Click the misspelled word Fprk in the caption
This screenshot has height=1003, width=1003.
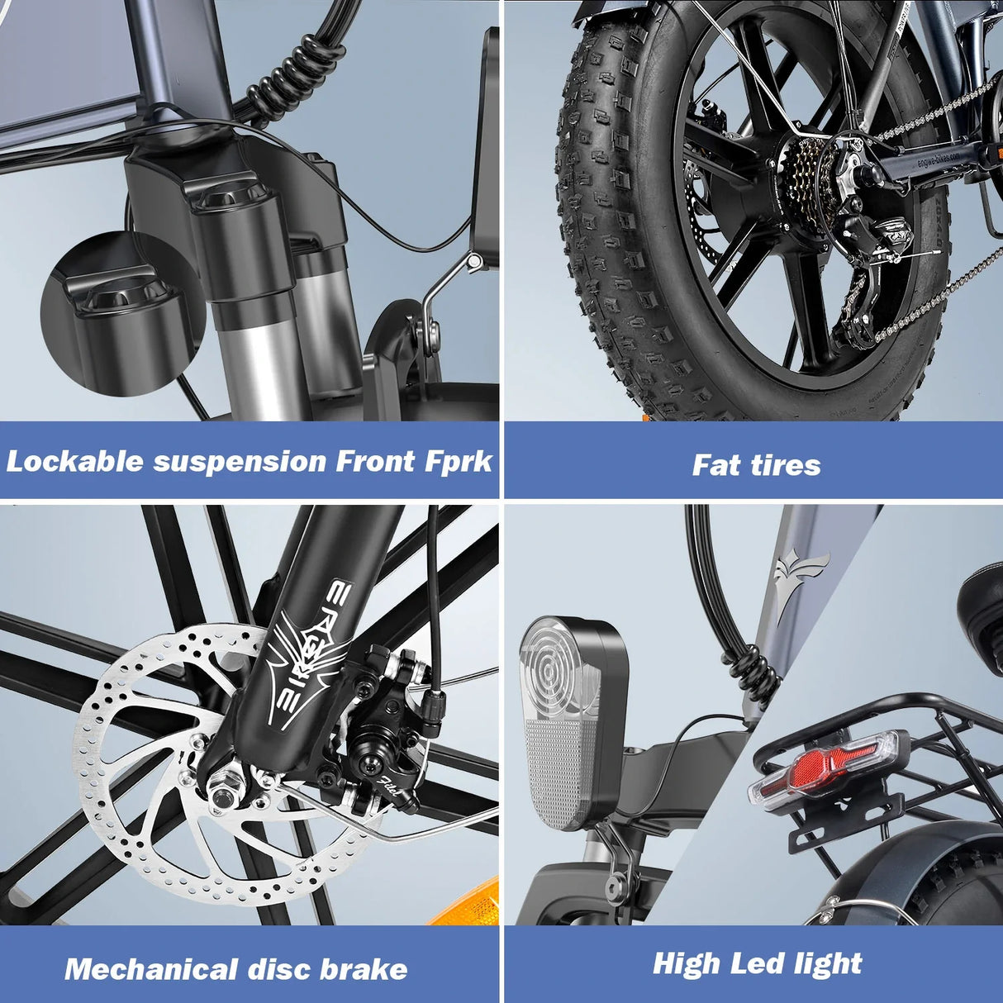[x=459, y=461]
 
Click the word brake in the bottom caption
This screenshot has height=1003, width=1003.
[x=364, y=968]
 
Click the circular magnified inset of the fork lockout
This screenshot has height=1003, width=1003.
[x=124, y=314]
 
